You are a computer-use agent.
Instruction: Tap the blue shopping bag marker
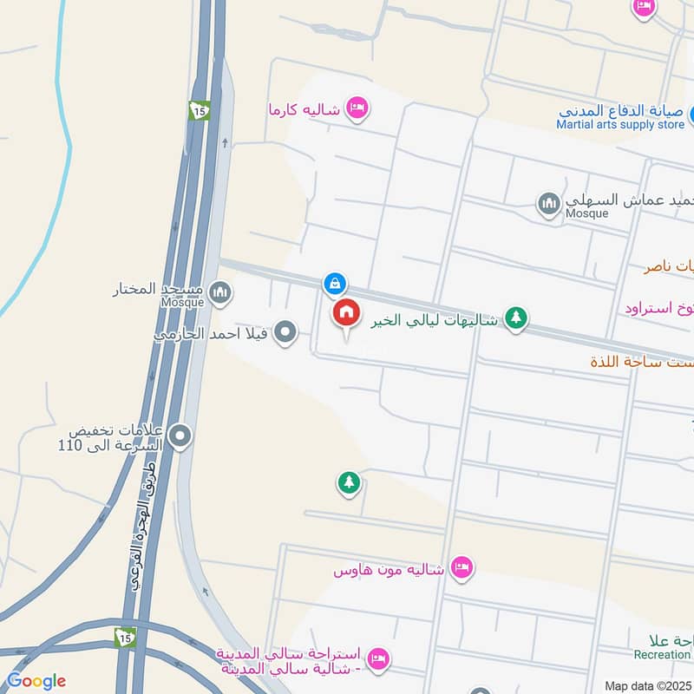pos(335,283)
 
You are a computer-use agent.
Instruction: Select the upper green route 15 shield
pos(200,111)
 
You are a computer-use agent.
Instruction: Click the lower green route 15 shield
pos(126,637)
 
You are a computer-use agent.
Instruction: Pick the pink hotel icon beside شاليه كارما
pos(356,108)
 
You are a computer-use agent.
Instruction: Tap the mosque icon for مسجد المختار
pos(220,292)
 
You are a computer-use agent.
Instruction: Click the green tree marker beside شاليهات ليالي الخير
pos(516,318)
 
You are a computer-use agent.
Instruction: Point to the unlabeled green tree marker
pos(349,482)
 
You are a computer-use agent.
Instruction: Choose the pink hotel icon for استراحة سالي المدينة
pos(377,658)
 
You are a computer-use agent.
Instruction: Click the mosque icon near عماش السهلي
pos(547,205)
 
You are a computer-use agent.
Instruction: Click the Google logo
pos(36,681)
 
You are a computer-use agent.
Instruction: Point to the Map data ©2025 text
pos(647,685)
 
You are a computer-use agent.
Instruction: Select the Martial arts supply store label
pos(620,125)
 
